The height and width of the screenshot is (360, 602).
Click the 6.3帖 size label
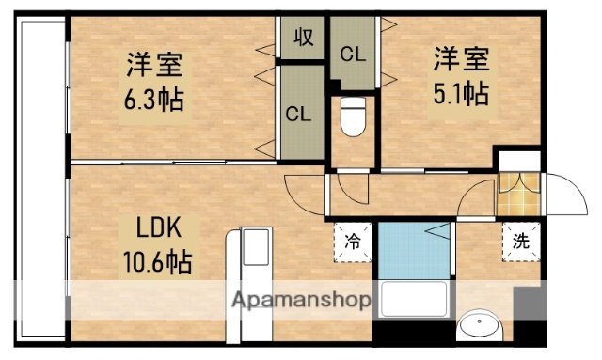pyautogui.click(x=156, y=98)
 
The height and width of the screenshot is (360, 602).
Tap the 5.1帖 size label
pyautogui.click(x=460, y=94)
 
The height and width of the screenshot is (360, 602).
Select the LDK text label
pyautogui.click(x=157, y=229)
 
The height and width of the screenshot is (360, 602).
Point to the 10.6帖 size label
pyautogui.click(x=157, y=261)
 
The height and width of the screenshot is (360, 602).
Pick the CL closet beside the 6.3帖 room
pyautogui.click(x=299, y=115)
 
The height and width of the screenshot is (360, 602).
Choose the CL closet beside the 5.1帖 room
pyautogui.click(x=353, y=55)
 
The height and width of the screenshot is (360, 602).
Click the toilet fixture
pyautogui.click(x=353, y=117)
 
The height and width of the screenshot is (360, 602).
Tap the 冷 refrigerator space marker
pyautogui.click(x=352, y=240)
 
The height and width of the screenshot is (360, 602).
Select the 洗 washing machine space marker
pyautogui.click(x=520, y=240)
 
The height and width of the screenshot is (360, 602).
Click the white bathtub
pyautogui.click(x=414, y=303)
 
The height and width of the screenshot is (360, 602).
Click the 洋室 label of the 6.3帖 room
pyautogui.click(x=156, y=65)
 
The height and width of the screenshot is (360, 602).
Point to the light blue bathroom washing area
pyautogui.click(x=412, y=249)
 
